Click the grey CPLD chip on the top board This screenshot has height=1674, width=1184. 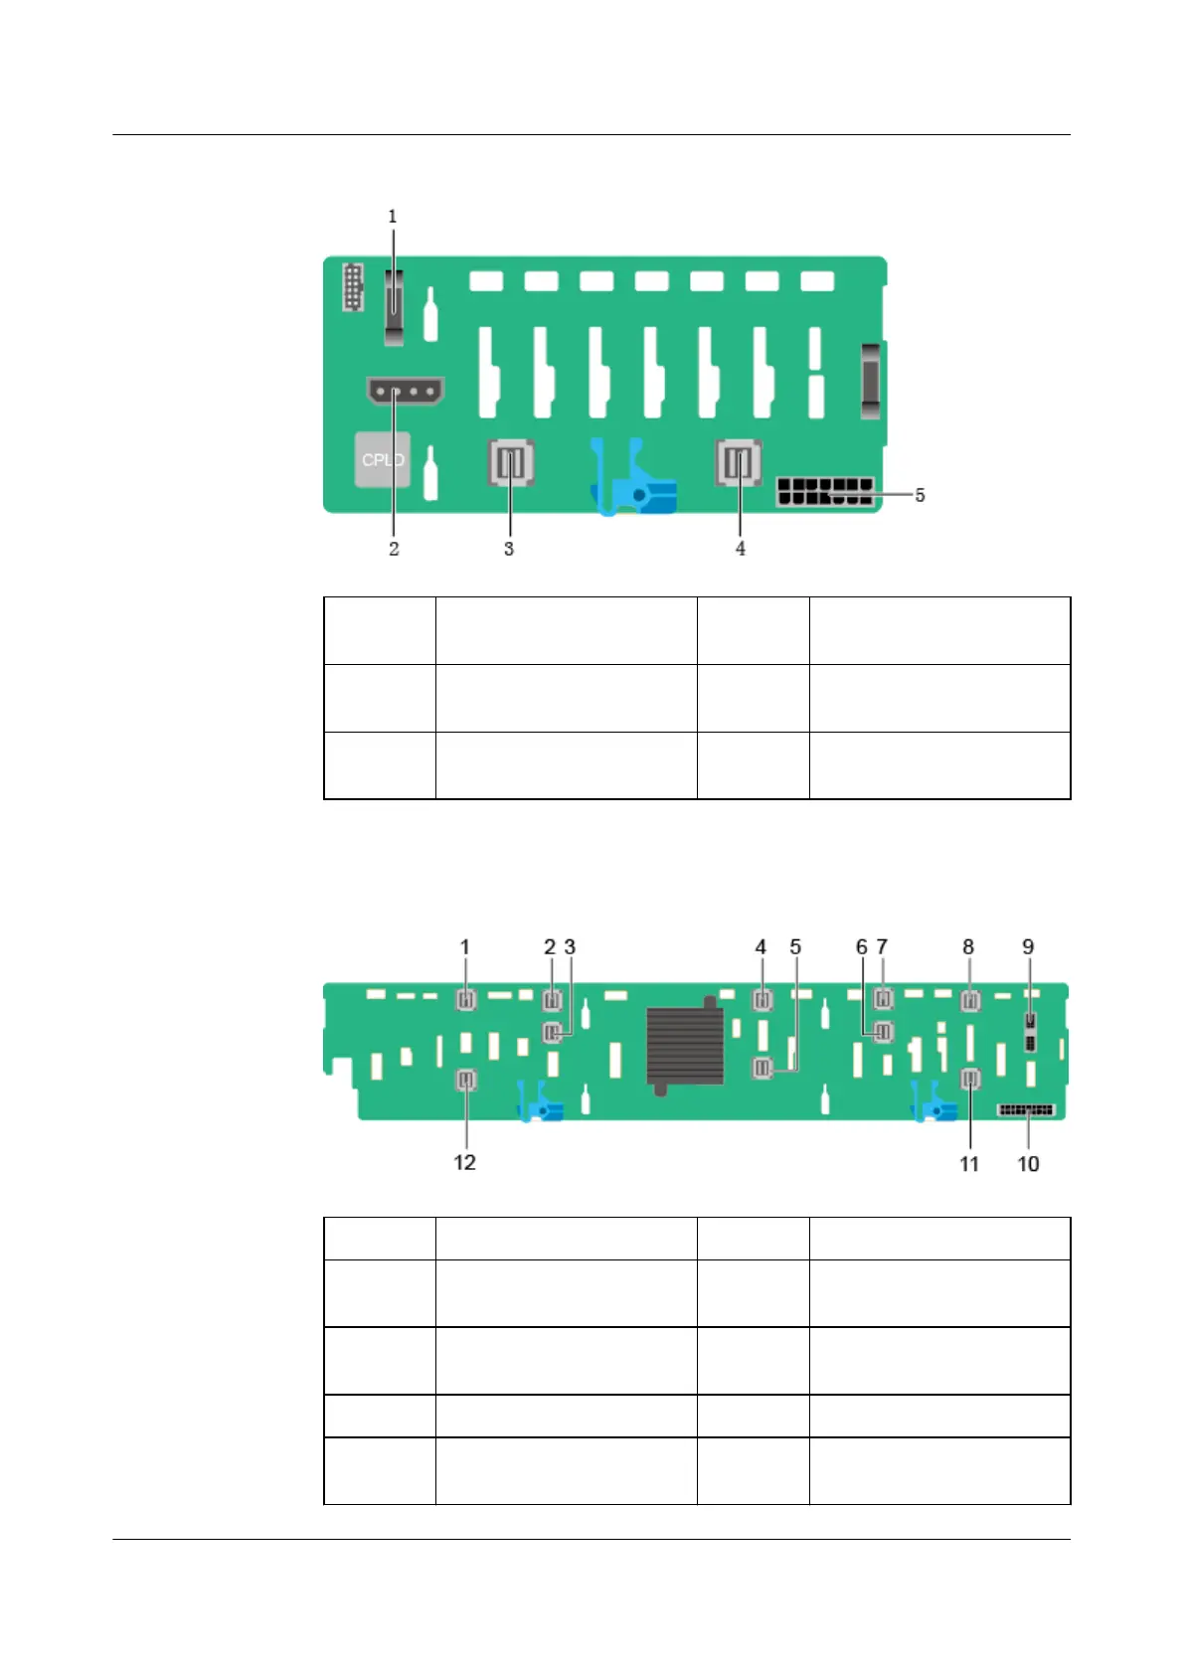coord(383,459)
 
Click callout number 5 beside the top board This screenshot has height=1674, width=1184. coord(921,494)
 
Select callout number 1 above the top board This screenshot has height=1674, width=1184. coord(393,216)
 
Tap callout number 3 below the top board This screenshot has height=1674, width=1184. coord(509,548)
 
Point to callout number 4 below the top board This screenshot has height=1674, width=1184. coord(741,548)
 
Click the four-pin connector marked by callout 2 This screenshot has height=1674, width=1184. coord(405,391)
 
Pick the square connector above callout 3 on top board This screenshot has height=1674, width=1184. coord(511,462)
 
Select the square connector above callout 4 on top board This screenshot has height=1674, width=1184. coord(739,462)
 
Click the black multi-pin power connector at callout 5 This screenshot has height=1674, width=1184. coord(826,491)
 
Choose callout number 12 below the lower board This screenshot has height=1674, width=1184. coord(464,1162)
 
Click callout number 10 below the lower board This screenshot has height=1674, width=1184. coord(1028,1163)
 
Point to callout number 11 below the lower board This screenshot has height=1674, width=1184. coord(969,1163)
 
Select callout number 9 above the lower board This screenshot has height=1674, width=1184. coord(1028,947)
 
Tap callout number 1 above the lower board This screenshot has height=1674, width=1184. coord(464,947)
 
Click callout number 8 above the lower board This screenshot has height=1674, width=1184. coord(968,947)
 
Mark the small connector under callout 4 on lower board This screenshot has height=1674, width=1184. coord(762,999)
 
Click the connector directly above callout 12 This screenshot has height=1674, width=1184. coord(465,1080)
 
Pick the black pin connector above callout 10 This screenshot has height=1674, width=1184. coord(1026,1109)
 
